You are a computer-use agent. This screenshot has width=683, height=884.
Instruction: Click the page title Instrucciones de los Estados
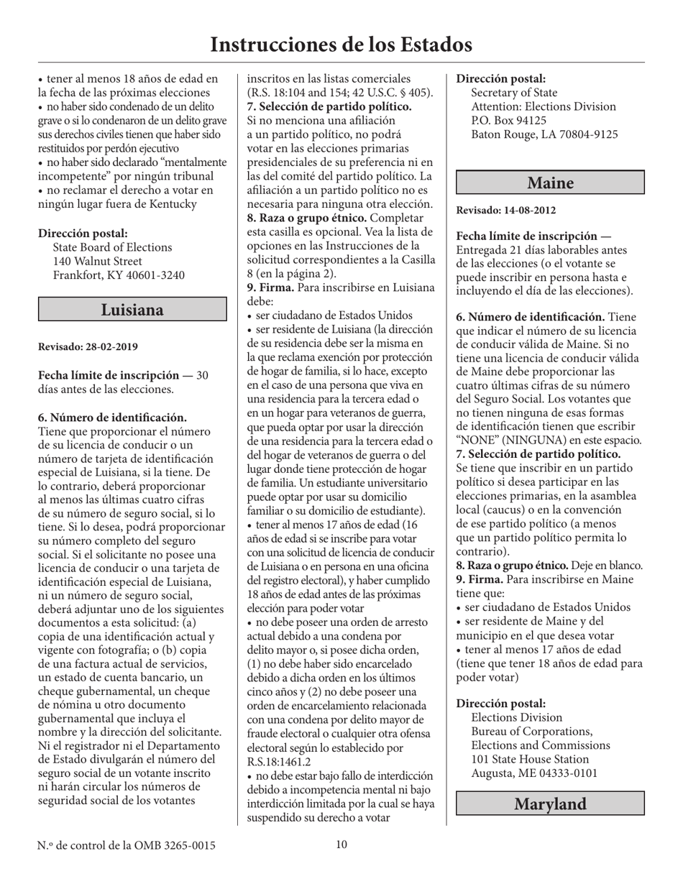click(341, 45)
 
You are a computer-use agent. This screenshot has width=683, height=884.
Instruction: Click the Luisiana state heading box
click(132, 310)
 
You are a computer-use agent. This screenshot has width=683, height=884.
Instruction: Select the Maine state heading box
click(550, 183)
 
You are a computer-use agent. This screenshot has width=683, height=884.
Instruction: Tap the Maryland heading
click(550, 804)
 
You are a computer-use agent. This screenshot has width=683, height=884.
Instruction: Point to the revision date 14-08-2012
click(529, 211)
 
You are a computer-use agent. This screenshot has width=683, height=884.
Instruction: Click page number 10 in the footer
click(341, 844)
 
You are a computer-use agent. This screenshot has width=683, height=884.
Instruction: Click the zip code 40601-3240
click(149, 275)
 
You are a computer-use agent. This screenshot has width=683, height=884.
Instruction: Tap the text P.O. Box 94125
click(508, 120)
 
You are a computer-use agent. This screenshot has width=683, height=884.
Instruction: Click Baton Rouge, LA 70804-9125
click(544, 134)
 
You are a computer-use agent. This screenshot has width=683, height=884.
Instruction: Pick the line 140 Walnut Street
click(98, 261)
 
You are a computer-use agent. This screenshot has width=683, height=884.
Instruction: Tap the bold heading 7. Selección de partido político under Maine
click(538, 454)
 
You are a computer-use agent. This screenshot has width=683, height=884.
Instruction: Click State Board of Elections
click(113, 247)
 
